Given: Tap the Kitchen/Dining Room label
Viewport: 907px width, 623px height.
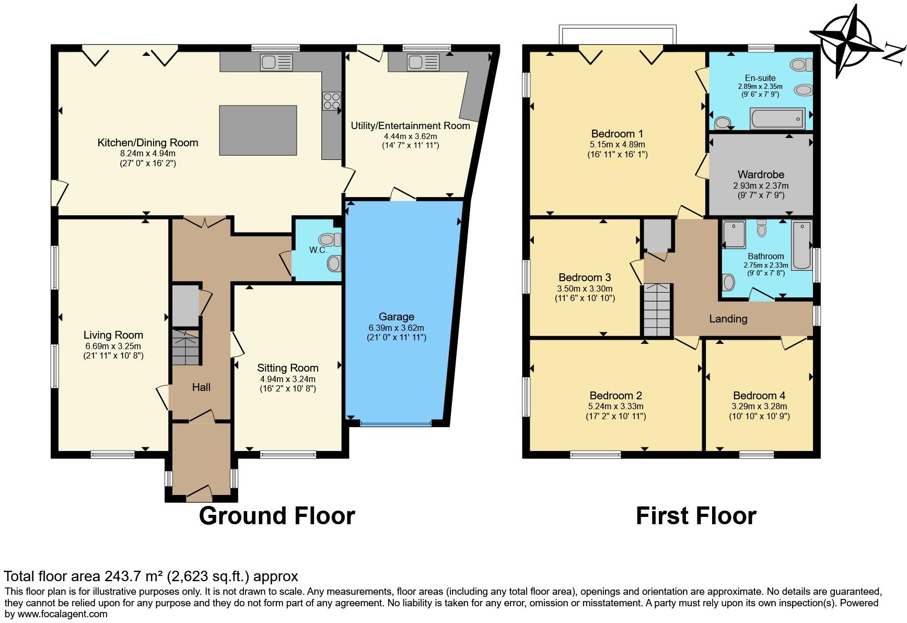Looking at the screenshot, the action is point(148,143).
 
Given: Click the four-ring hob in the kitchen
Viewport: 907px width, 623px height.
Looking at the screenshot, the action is point(332,101).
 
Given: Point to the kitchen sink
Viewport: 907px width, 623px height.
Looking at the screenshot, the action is point(276,63).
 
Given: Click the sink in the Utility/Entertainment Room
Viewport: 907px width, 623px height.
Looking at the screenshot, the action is point(423,63).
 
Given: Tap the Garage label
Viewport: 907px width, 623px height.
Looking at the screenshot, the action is point(397,317).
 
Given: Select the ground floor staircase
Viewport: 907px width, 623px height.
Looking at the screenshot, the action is point(186,347).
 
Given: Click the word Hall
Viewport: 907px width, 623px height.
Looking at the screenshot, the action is point(201,387).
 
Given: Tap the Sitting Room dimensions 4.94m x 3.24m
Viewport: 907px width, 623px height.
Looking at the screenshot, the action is point(288,379).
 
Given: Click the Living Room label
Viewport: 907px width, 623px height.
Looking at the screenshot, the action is point(113,335).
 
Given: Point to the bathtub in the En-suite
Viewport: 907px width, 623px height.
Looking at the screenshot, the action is point(777,119).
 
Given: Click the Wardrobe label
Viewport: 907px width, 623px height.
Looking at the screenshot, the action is point(761,175).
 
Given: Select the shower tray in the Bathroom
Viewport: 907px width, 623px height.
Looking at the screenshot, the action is point(734,234).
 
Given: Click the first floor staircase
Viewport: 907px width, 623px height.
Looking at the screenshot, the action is point(657,310).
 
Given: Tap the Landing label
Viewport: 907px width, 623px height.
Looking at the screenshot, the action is point(728,319).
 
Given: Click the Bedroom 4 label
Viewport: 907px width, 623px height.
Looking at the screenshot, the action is point(759,396).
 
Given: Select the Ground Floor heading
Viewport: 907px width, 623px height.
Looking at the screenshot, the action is point(277,516).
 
